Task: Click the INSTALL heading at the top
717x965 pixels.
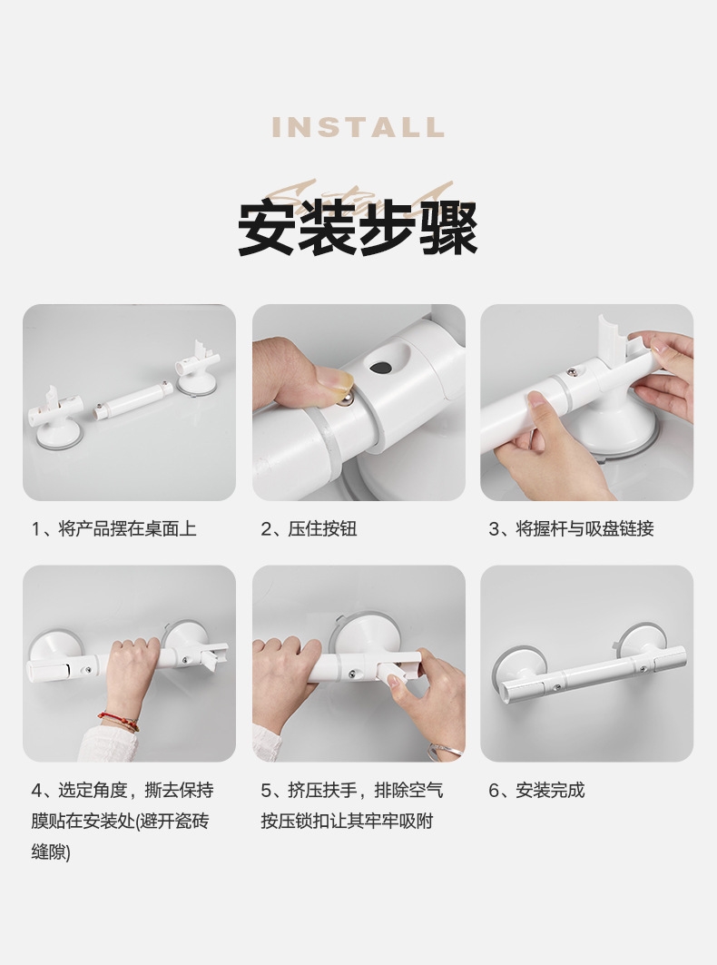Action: (358, 127)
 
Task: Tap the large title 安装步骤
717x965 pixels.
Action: (358, 229)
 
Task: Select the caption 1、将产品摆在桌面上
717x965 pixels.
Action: (113, 528)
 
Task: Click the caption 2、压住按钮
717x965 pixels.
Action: (309, 528)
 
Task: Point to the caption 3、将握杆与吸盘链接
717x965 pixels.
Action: (571, 528)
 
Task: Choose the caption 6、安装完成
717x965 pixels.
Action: (536, 790)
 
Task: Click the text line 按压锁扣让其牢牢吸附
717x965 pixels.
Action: (347, 821)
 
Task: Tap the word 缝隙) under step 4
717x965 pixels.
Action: (51, 852)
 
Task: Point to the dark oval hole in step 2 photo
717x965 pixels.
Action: (382, 368)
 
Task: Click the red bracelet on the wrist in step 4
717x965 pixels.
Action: (118, 720)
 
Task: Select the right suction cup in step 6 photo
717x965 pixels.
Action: (642, 642)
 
